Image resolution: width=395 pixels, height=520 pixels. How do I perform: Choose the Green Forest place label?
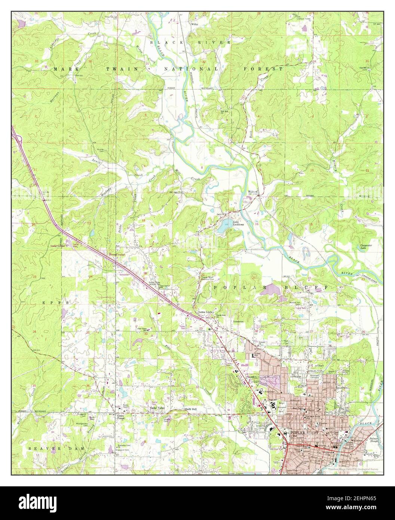120,417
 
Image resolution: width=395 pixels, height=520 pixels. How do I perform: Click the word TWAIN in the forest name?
113,69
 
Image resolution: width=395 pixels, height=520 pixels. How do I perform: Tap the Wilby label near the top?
195,24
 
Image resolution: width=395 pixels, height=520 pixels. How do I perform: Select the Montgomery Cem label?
82,424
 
